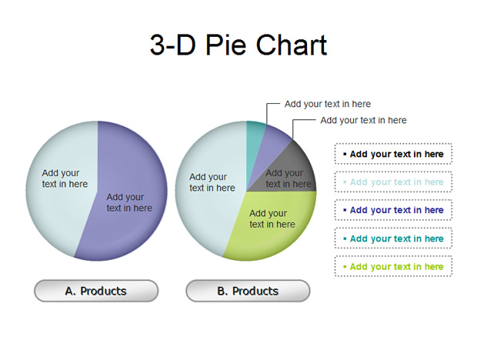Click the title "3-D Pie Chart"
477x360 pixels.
click(239, 45)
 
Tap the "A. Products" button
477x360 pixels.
click(96, 291)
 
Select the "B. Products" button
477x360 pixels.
click(248, 291)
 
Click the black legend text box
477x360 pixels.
click(393, 154)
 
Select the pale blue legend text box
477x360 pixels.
click(393, 182)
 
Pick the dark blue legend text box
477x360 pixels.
click(393, 210)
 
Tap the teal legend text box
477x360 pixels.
click(393, 238)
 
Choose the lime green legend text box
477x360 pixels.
click(393, 266)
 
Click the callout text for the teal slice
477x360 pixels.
click(328, 104)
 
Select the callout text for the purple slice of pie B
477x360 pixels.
click(364, 120)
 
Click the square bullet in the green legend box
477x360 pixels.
click(345, 267)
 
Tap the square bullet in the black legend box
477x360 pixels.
click(345, 154)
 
